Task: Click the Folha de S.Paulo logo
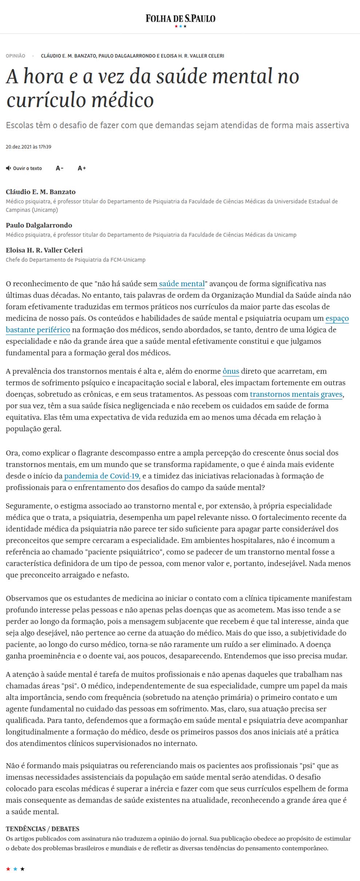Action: pyautogui.click(x=180, y=19)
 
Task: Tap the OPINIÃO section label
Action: pyautogui.click(x=15, y=56)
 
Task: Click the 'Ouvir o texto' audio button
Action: pyautogui.click(x=24, y=168)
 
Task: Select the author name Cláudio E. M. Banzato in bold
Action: pyautogui.click(x=41, y=192)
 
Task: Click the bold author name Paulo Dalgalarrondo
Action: pyautogui.click(x=39, y=225)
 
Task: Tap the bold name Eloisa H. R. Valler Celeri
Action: pyautogui.click(x=44, y=250)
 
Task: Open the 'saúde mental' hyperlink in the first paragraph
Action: pyautogui.click(x=182, y=284)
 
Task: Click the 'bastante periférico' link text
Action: pyautogui.click(x=38, y=330)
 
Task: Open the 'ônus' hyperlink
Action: pyautogui.click(x=231, y=371)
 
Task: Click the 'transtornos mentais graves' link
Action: pyautogui.click(x=296, y=395)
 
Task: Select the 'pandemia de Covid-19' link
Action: pyautogui.click(x=102, y=476)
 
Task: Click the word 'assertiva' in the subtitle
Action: pyautogui.click(x=329, y=125)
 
